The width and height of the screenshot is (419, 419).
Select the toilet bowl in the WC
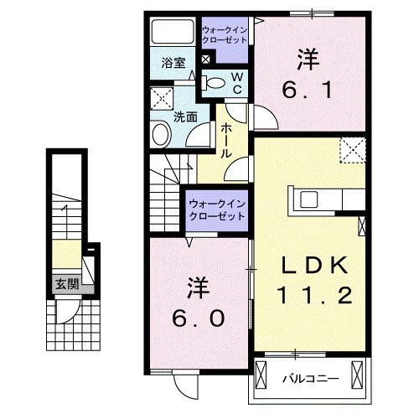(215, 82)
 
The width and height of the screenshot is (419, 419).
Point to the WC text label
(236, 81)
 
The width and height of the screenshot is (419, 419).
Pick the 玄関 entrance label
(66, 282)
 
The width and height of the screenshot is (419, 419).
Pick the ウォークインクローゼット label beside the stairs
(216, 209)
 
